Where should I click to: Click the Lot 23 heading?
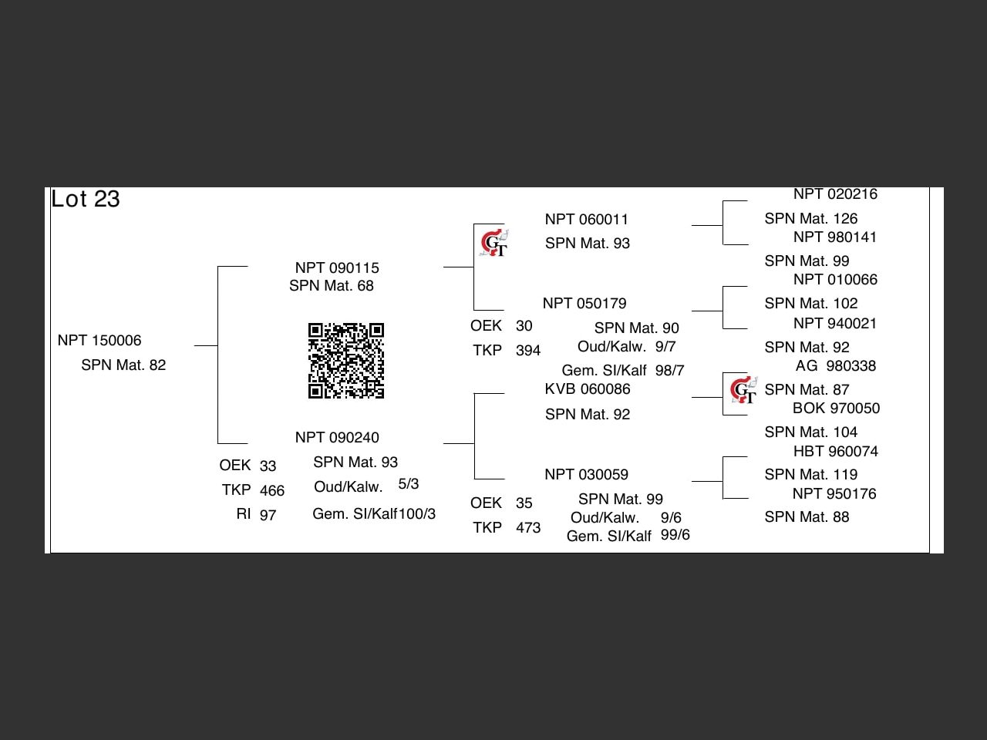(x=86, y=199)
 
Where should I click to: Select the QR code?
(x=346, y=361)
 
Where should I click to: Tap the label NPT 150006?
(x=99, y=341)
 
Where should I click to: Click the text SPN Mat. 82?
(x=123, y=365)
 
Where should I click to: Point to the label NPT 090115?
(x=337, y=268)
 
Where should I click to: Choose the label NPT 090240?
(x=337, y=438)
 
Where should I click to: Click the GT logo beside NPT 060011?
(x=493, y=244)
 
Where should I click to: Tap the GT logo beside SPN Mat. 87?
(x=743, y=390)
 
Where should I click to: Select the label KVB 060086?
(x=588, y=389)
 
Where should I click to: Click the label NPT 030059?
(x=586, y=475)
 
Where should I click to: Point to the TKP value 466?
(x=272, y=491)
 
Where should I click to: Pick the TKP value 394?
(x=528, y=351)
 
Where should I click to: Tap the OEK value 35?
(x=524, y=503)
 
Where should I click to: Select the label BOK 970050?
(x=836, y=409)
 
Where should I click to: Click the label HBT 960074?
(x=836, y=452)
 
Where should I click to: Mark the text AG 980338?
(x=836, y=366)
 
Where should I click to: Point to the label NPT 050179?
(x=584, y=304)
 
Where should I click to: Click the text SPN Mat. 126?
(x=811, y=219)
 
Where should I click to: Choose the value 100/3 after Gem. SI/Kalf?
(x=417, y=514)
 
